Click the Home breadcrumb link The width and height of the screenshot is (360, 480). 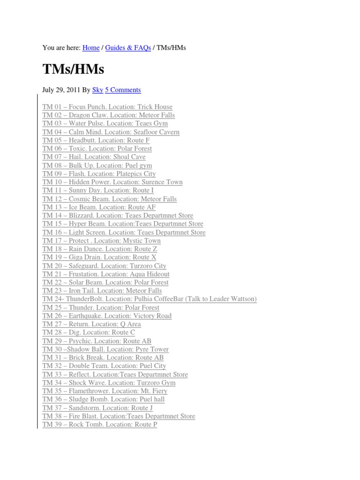[x=91, y=48]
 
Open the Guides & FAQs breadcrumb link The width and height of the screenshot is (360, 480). [x=128, y=48]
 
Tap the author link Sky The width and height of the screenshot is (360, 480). [x=97, y=90]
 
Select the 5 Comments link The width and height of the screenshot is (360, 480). [x=123, y=90]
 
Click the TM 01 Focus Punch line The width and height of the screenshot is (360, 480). [x=107, y=107]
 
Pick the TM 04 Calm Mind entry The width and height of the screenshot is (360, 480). [x=111, y=132]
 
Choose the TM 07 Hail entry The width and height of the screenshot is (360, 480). [x=94, y=157]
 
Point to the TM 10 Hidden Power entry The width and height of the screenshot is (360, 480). [x=112, y=182]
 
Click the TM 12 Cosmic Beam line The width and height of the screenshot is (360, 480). [x=109, y=199]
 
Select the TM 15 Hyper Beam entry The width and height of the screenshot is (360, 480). [x=123, y=224]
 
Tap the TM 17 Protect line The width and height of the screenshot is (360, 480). [x=101, y=240]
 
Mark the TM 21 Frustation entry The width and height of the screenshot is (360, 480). [x=106, y=274]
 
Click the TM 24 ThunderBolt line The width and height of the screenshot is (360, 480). [x=150, y=299]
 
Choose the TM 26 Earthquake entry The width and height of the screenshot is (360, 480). [x=107, y=316]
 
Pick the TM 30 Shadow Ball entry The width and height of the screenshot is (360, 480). [x=105, y=349]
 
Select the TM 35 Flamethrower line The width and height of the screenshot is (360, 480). [x=105, y=391]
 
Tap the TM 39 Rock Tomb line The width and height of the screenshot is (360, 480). [x=100, y=425]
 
